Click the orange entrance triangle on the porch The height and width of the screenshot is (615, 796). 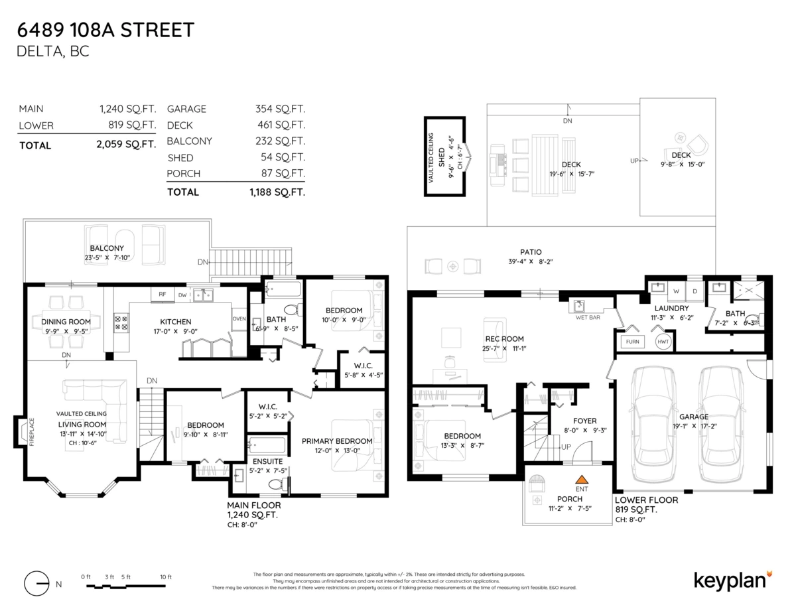tap(582, 478)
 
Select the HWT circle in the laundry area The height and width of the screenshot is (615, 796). tap(663, 342)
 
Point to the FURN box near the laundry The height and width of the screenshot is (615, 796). tap(631, 342)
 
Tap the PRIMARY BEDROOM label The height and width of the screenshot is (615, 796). tap(337, 441)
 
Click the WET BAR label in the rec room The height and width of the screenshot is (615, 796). tap(588, 317)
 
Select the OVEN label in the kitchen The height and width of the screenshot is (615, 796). tap(239, 318)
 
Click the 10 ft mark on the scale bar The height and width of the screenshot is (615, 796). tap(165, 577)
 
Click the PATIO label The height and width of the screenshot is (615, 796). tap(531, 252)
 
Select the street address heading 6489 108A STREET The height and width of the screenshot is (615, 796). tap(106, 30)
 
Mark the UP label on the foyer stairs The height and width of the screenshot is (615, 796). tap(566, 447)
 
